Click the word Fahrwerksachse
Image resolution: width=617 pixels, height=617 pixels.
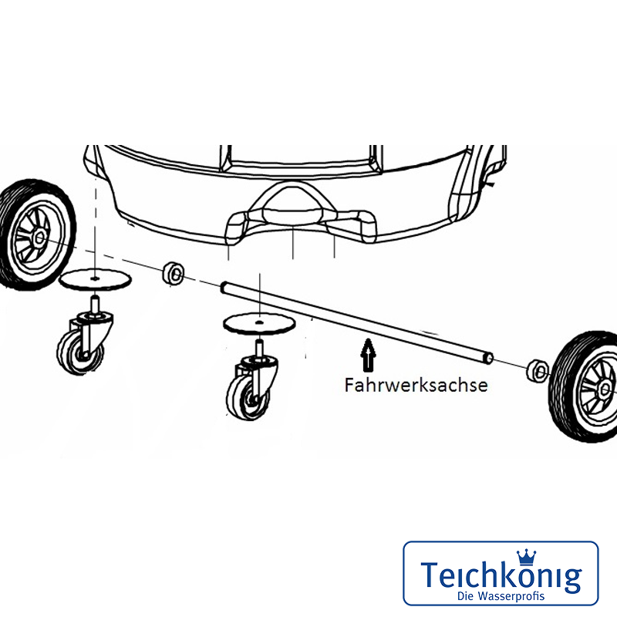pyautogui.click(x=416, y=385)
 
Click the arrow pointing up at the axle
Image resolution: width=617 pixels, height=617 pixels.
pyautogui.click(x=368, y=355)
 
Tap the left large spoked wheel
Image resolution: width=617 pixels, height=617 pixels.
pyautogui.click(x=35, y=235)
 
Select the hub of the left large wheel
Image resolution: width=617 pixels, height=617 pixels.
pyautogui.click(x=40, y=238)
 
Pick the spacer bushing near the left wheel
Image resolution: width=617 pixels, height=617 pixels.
pyautogui.click(x=173, y=272)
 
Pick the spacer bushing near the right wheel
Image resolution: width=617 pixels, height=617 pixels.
pyautogui.click(x=538, y=370)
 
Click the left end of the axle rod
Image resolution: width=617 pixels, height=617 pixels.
pyautogui.click(x=223, y=287)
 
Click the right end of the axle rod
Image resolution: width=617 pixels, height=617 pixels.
pyautogui.click(x=489, y=357)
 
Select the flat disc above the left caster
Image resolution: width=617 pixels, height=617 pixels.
pyautogui.click(x=95, y=280)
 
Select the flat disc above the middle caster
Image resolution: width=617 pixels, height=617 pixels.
pyautogui.click(x=259, y=324)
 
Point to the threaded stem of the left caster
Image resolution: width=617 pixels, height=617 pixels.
pyautogui.click(x=95, y=304)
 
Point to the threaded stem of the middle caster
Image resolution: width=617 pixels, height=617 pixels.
pyautogui.click(x=258, y=349)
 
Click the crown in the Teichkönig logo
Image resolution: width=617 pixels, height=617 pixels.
pyautogui.click(x=527, y=557)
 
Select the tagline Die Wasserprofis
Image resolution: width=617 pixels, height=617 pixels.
pyautogui.click(x=501, y=595)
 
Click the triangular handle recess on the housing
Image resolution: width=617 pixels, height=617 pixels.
pyautogui.click(x=293, y=203)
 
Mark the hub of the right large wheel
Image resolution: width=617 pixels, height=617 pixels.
pyautogui.click(x=605, y=389)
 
